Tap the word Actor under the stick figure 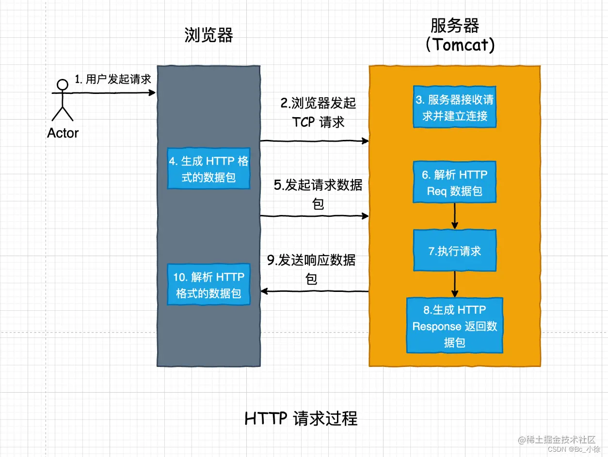pyautogui.click(x=63, y=133)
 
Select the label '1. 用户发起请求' pyautogui.click(x=112, y=79)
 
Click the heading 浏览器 pyautogui.click(x=208, y=35)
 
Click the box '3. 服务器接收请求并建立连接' pyautogui.click(x=454, y=107)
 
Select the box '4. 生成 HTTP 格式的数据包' pyautogui.click(x=208, y=169)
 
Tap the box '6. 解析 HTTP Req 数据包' pyautogui.click(x=454, y=183)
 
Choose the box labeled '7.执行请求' pyautogui.click(x=454, y=251)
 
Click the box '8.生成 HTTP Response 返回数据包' pyautogui.click(x=454, y=326)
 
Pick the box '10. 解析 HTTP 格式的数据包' pyautogui.click(x=208, y=285)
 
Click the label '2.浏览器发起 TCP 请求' pyautogui.click(x=318, y=112)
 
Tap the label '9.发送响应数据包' pyautogui.click(x=311, y=270)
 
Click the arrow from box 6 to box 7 pyautogui.click(x=454, y=216)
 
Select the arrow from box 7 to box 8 pyautogui.click(x=454, y=284)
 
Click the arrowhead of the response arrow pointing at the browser pyautogui.click(x=265, y=291)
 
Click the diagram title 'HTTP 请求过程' pyautogui.click(x=301, y=418)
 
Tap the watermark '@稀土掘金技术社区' pyautogui.click(x=556, y=440)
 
